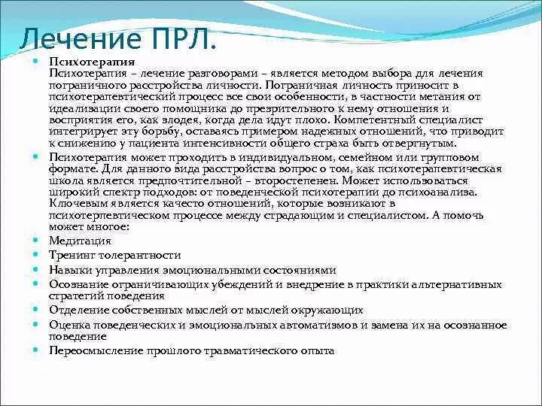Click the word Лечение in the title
pos(73,37)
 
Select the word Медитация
pos(80,241)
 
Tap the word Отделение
pos(81,310)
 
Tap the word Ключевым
pos(75,203)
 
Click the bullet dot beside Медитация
pos(35,240)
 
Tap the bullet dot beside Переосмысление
pos(35,350)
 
